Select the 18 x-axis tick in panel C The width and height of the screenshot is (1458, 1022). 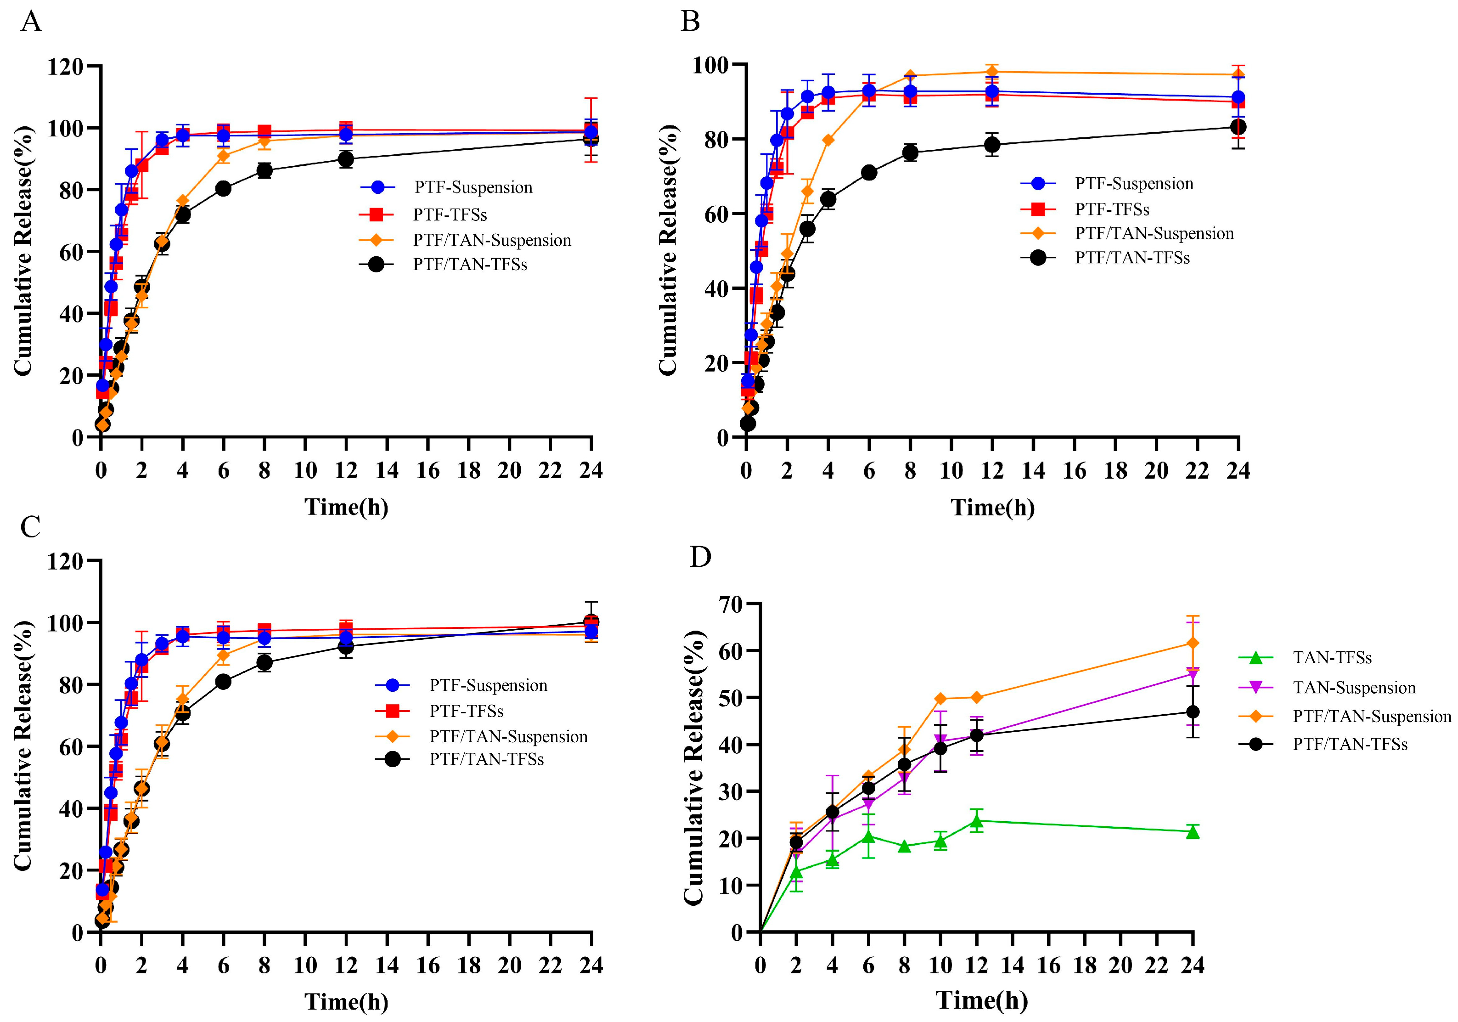(469, 966)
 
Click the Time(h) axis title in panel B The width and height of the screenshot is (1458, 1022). (992, 507)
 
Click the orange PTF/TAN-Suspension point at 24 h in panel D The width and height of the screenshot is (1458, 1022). (1193, 643)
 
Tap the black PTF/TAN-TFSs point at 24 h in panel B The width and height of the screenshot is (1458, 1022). (1238, 127)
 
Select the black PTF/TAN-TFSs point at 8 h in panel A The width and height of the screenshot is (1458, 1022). (264, 170)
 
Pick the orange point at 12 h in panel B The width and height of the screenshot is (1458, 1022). (992, 71)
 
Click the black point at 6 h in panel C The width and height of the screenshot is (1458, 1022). (223, 682)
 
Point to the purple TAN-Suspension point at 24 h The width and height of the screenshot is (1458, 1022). (1193, 673)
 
